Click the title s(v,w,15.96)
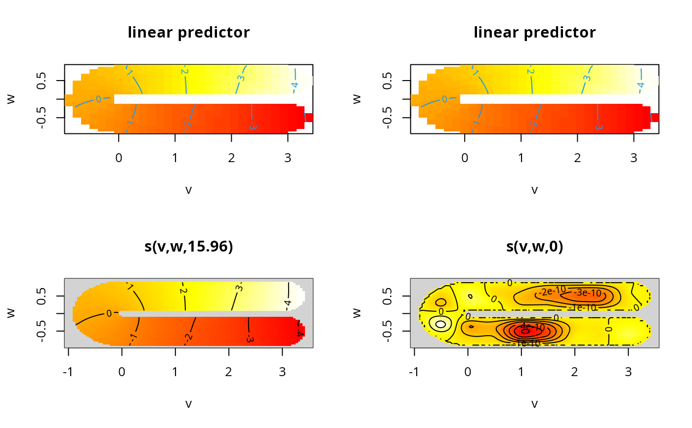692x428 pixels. (188, 247)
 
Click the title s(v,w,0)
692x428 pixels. (534, 247)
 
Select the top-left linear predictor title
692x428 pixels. (188, 33)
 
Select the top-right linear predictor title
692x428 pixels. (534, 33)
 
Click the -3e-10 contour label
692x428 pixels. (587, 293)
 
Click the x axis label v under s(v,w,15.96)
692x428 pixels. (188, 404)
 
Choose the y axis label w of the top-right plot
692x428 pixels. (357, 99)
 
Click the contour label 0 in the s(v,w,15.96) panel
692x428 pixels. (109, 313)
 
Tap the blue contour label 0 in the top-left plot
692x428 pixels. (98, 99)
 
